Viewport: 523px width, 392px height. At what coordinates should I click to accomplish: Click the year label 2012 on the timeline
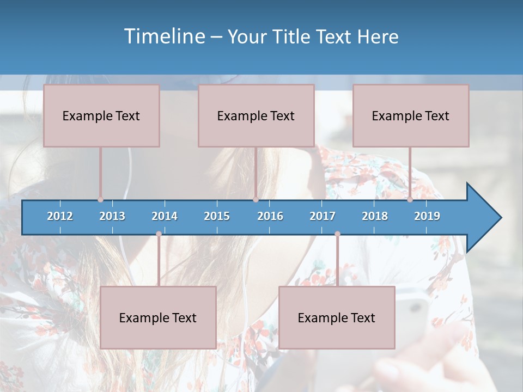point(60,216)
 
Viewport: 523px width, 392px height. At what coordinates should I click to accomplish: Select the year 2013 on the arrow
point(112,216)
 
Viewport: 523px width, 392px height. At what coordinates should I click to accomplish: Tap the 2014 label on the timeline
point(165,216)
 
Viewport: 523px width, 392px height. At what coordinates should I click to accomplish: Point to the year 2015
point(217,216)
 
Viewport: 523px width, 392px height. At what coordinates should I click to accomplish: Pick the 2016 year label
point(270,216)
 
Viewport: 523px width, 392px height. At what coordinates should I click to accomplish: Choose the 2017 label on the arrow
point(323,216)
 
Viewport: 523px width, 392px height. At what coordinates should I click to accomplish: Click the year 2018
point(375,216)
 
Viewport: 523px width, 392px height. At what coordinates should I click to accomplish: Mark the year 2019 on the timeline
point(427,216)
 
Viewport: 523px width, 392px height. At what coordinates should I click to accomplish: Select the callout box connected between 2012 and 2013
point(101,115)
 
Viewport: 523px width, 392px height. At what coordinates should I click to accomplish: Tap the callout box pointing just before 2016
point(256,115)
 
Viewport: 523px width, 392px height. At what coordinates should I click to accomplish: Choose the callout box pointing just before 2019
point(411,115)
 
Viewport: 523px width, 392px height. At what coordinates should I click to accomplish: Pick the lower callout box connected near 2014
point(158,317)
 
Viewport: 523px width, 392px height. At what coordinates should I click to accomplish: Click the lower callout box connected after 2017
point(337,317)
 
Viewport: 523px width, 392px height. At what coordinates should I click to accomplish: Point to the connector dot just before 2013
point(100,199)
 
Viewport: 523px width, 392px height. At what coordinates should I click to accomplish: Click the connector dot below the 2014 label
point(159,234)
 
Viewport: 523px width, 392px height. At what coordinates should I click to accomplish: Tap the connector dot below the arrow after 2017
point(337,234)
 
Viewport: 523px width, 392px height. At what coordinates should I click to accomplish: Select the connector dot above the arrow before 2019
point(410,199)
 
